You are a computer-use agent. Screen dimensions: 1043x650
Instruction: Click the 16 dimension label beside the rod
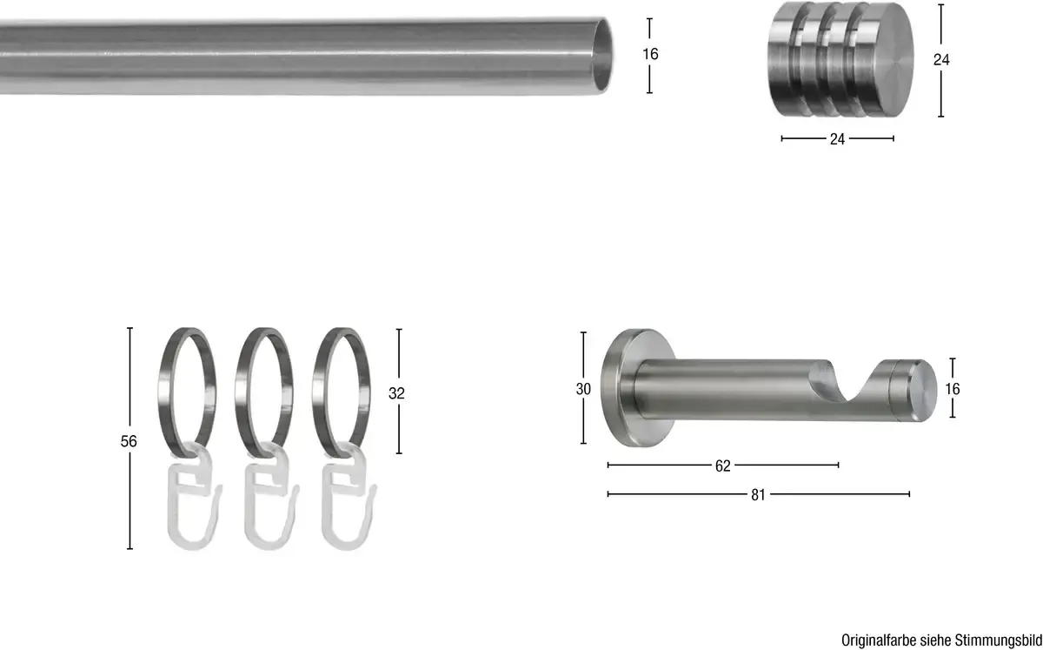(650, 55)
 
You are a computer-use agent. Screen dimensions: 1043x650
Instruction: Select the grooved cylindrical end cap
(840, 59)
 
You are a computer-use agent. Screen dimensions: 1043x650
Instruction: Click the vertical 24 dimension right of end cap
(941, 60)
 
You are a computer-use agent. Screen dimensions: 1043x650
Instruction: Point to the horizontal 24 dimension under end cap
(837, 139)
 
